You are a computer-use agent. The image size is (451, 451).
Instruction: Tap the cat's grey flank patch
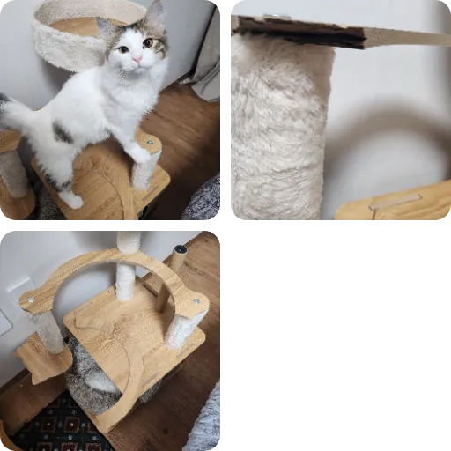point(62,133)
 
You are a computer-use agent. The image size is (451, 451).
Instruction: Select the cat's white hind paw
point(71,200)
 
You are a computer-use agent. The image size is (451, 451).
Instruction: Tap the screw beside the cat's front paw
point(150,142)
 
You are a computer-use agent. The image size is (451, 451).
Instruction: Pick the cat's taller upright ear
point(155,14)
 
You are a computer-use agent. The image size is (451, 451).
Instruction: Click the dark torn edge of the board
point(299,32)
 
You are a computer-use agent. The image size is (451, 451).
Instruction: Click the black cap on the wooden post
point(181,249)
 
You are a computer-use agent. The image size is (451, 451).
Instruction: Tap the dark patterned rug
point(62,427)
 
